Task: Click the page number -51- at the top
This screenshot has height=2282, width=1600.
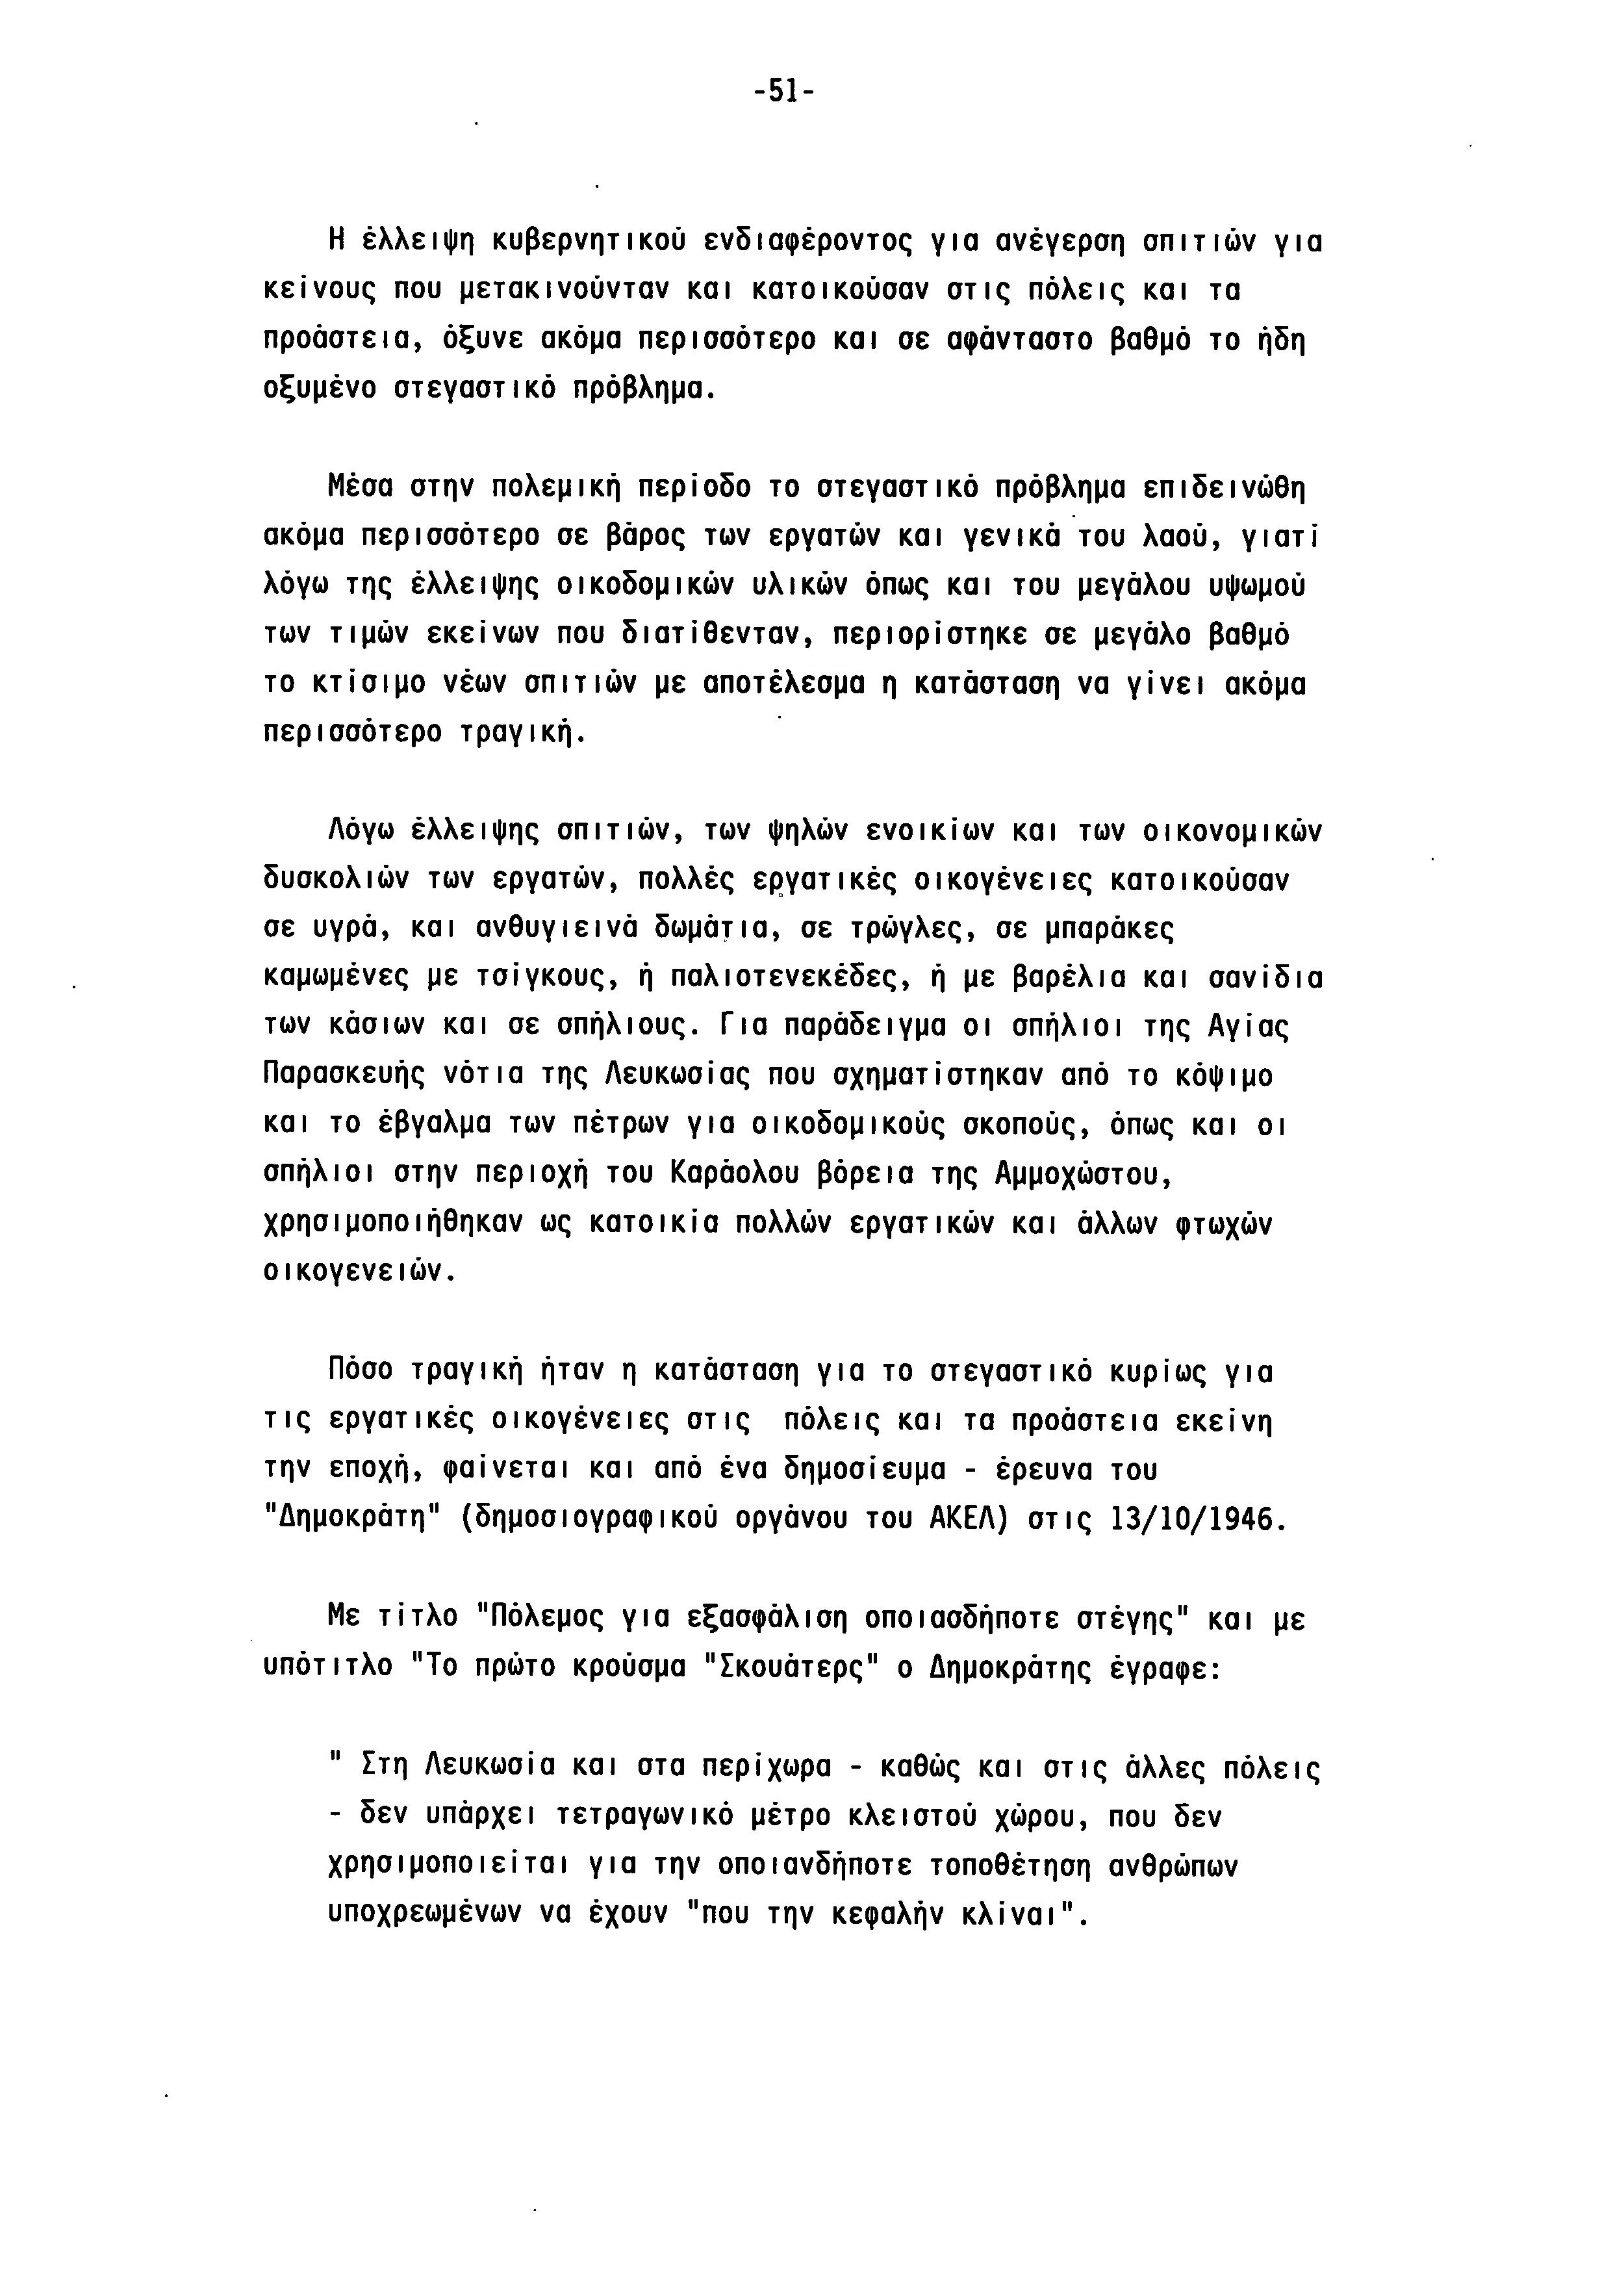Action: [x=783, y=92]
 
